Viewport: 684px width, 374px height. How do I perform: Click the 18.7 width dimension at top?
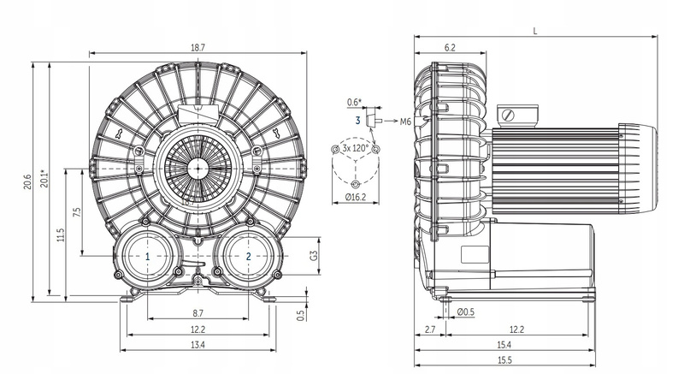[198, 48]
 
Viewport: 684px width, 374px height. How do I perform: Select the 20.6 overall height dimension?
[27, 182]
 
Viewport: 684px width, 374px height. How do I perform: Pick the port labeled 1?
[148, 256]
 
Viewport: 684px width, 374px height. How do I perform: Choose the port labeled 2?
[248, 256]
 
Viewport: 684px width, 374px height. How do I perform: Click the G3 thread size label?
[314, 255]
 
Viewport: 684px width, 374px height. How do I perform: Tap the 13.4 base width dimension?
[198, 345]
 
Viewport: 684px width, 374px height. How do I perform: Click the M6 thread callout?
[406, 122]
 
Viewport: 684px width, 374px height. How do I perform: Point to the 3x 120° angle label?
[355, 148]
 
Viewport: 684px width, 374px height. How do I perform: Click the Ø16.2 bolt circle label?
[355, 197]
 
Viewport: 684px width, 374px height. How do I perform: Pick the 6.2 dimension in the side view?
[450, 48]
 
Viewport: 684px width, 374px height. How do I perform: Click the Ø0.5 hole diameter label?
[467, 312]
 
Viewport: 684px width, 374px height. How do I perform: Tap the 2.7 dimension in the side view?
[429, 329]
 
